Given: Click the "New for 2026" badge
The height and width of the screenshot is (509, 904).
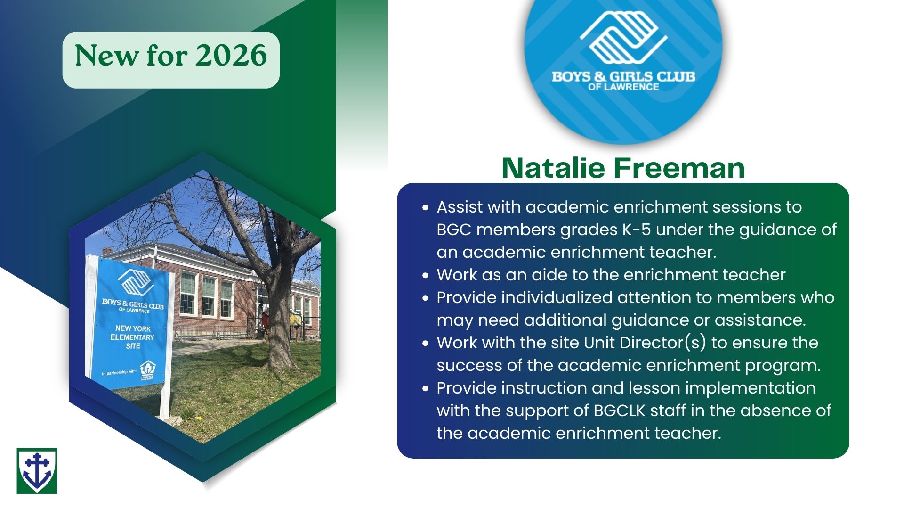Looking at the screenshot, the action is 171,60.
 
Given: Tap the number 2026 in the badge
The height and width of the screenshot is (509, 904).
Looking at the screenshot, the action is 231,56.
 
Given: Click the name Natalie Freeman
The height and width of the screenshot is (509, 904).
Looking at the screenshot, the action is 623,168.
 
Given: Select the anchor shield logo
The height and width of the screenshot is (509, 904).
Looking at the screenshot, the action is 37,471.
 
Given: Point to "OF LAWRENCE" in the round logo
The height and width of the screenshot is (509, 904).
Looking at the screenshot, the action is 623,87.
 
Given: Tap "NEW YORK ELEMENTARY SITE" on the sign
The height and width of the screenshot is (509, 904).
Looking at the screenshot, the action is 133,337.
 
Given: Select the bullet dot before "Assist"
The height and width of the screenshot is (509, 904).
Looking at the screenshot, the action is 426,207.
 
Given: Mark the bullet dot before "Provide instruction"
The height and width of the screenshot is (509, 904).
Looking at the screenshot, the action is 426,388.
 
